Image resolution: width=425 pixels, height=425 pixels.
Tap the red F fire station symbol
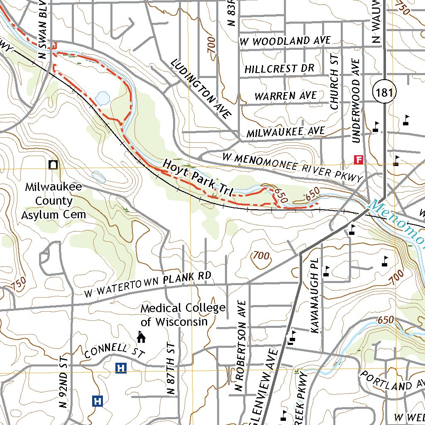[x=358, y=159]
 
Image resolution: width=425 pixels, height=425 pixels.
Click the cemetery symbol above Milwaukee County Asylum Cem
[x=53, y=165]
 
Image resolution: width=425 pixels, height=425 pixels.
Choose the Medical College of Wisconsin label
[x=183, y=315]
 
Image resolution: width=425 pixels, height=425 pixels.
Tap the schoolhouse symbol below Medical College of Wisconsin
[x=141, y=337]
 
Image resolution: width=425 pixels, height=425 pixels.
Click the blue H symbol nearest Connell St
[x=120, y=367]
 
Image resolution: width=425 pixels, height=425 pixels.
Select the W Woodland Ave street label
[x=285, y=41]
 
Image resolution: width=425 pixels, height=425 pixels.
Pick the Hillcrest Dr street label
[x=279, y=68]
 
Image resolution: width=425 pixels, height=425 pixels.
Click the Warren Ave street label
[x=285, y=96]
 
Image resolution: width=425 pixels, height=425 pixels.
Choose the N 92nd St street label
[x=63, y=381]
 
